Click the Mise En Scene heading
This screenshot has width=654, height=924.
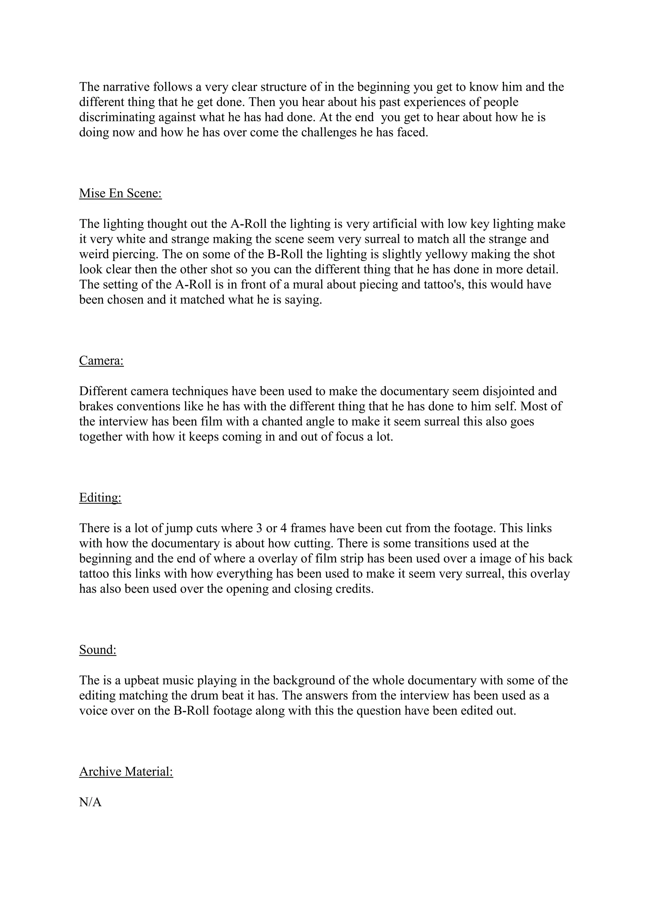pyautogui.click(x=120, y=194)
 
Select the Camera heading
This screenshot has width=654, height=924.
pyautogui.click(x=102, y=361)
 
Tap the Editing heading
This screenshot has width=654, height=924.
pyautogui.click(x=100, y=498)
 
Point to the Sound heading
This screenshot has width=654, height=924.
pyautogui.click(x=98, y=650)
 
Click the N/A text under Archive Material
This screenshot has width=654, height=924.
pyautogui.click(x=90, y=802)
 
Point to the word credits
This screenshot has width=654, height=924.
pyautogui.click(x=354, y=589)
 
